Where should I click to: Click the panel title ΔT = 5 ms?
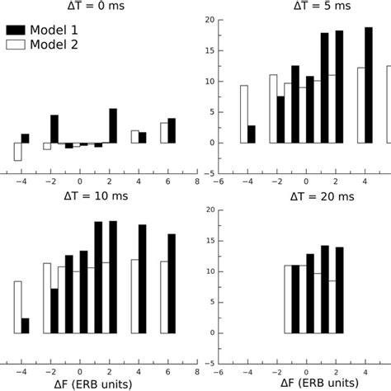coord(293,5)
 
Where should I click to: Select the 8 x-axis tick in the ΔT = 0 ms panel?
coord(197,181)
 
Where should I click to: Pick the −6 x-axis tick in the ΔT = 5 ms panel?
coord(219,181)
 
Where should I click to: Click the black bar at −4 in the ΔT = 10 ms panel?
coord(26,326)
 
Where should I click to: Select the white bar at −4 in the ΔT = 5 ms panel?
coord(244,114)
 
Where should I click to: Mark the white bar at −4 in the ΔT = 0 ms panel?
coord(17,151)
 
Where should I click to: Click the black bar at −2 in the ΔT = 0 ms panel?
coord(54,130)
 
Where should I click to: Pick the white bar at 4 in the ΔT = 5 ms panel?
coord(361,105)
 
